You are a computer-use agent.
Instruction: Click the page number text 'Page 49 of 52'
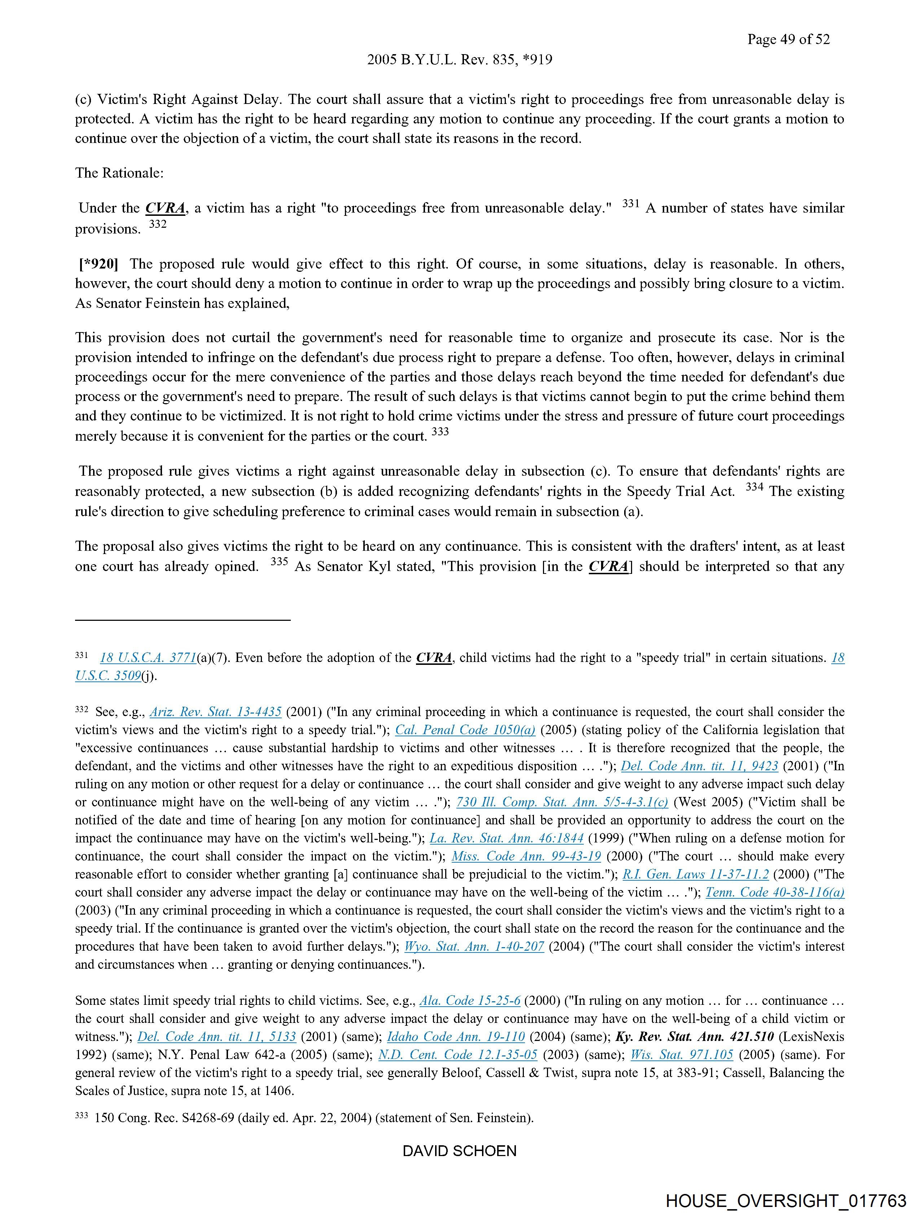click(788, 39)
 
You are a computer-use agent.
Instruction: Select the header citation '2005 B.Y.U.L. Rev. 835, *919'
click(459, 59)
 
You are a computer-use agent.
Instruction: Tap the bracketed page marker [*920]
click(99, 264)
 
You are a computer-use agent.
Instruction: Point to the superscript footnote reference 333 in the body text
click(440, 432)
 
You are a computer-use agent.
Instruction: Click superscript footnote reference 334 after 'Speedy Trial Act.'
click(754, 487)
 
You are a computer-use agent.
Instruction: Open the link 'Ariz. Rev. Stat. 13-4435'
click(215, 712)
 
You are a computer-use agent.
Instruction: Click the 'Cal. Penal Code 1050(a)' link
click(465, 730)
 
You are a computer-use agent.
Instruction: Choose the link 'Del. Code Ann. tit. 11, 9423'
click(699, 766)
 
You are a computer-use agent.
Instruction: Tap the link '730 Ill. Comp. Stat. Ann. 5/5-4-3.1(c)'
click(562, 802)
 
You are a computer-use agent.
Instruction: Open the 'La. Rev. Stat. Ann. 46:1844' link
click(506, 838)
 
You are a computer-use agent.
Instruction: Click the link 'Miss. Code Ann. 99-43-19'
click(526, 857)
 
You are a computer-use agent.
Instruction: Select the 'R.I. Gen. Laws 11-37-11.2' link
click(695, 874)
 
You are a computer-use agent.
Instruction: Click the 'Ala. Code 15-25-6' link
click(469, 1001)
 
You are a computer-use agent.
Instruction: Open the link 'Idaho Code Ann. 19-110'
click(456, 1037)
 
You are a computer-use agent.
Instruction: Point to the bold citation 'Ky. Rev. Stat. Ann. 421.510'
click(694, 1037)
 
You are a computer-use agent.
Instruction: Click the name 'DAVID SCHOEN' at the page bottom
click(459, 1151)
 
